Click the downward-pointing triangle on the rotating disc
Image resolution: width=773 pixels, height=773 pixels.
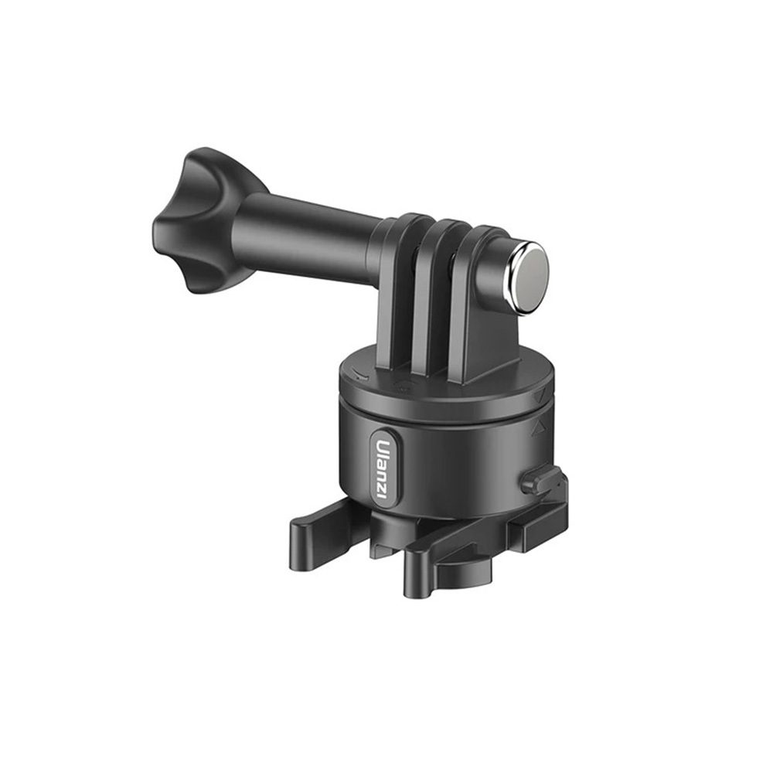point(541,395)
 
